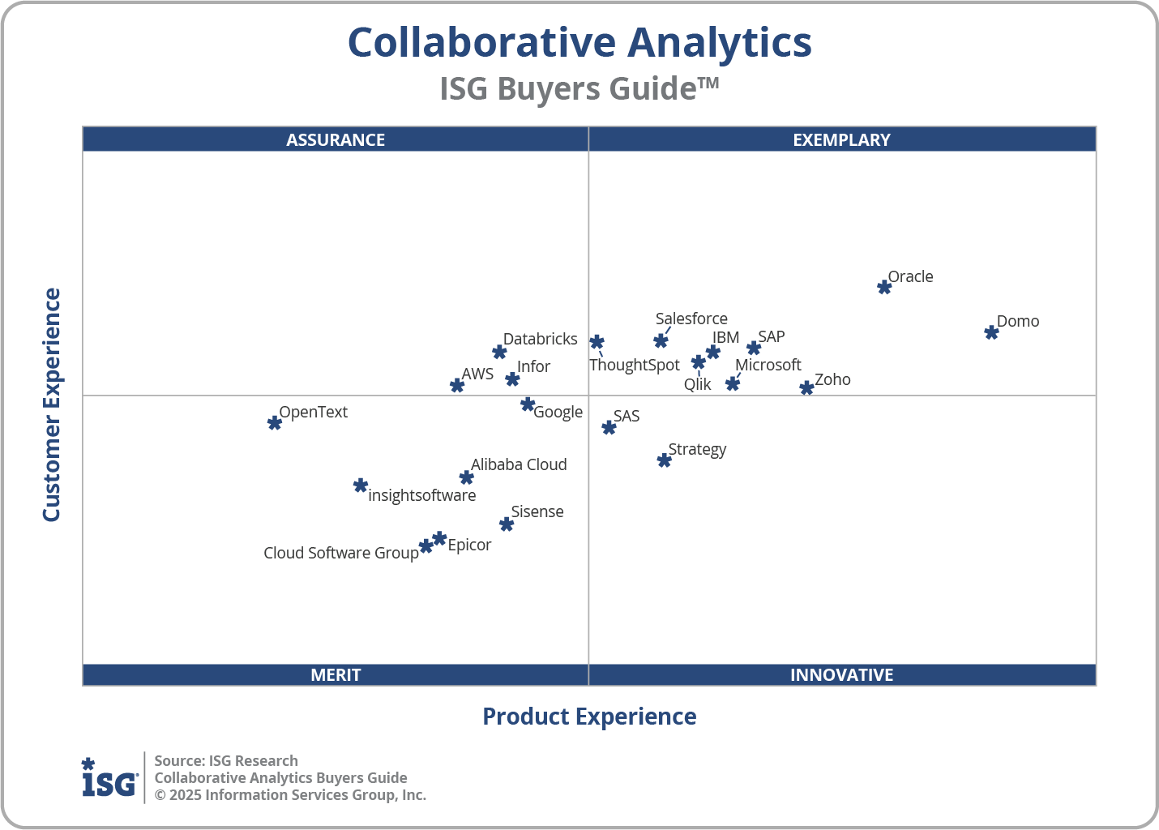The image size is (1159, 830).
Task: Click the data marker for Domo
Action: [991, 332]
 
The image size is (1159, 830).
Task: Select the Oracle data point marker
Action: [884, 287]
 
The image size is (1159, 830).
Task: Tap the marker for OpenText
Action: [275, 422]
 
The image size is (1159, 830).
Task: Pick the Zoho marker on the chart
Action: [806, 388]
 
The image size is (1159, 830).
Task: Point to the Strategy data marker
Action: [664, 460]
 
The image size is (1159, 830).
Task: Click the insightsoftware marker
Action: [361, 486]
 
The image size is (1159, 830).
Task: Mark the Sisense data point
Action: [507, 524]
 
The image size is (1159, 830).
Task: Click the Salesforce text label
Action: [691, 319]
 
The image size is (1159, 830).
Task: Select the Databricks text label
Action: [540, 339]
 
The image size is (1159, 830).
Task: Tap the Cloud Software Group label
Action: [340, 553]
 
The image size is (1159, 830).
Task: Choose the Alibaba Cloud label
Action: [519, 464]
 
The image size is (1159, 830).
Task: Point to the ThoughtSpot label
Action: [634, 365]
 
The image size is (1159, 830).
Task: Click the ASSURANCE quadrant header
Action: [336, 139]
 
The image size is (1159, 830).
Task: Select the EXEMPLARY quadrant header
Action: [841, 139]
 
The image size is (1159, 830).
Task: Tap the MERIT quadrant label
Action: [336, 674]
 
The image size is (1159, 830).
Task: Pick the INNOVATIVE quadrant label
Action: [841, 674]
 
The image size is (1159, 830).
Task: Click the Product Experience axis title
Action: [589, 717]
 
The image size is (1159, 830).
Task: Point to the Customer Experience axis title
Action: [52, 405]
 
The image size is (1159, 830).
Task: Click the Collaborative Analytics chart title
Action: [579, 42]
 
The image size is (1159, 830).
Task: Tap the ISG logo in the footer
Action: [109, 778]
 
